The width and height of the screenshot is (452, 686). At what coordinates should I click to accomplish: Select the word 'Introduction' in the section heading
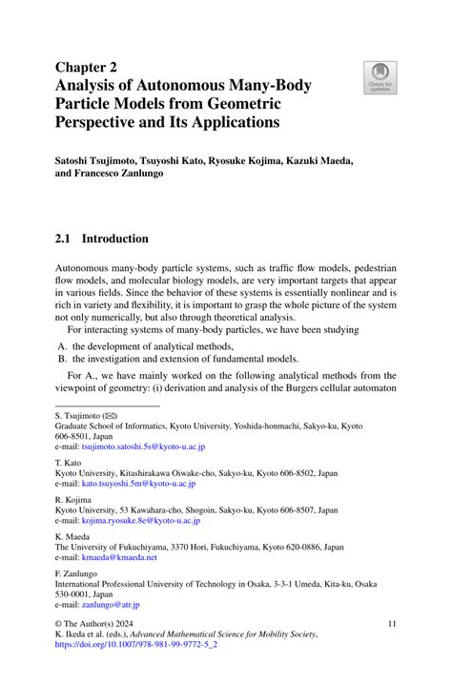tap(115, 239)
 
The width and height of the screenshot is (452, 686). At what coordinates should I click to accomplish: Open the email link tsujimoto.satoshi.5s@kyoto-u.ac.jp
tap(143, 446)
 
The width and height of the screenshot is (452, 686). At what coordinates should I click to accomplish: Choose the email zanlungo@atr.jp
tap(111, 604)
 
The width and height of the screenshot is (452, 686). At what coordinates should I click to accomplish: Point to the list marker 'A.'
tap(61, 345)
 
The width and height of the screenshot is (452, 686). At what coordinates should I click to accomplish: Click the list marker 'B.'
tap(61, 359)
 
